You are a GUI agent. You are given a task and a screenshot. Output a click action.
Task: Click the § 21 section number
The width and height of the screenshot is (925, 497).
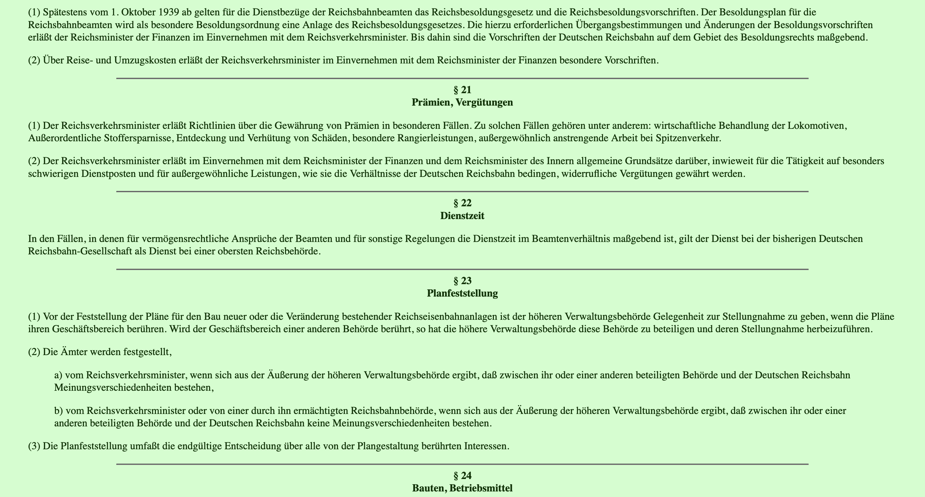pos(462,90)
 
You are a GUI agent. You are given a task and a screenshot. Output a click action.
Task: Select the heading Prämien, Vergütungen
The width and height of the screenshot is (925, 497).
pos(462,103)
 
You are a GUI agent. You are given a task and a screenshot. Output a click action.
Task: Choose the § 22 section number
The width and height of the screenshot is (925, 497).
pos(462,203)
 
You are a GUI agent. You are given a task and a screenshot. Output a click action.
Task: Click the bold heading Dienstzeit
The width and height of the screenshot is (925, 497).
pos(462,216)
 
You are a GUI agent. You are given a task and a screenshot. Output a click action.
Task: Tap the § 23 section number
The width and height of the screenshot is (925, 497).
pos(462,281)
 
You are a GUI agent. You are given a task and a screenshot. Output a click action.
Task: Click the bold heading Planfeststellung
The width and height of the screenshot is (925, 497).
pos(462,294)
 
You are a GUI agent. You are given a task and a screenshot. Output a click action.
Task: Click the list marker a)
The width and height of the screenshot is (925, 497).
pos(58,375)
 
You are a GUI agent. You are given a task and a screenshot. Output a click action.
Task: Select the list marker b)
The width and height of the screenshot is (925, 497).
pos(59,410)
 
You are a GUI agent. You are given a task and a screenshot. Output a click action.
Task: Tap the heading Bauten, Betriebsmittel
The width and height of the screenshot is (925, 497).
pos(462,489)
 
